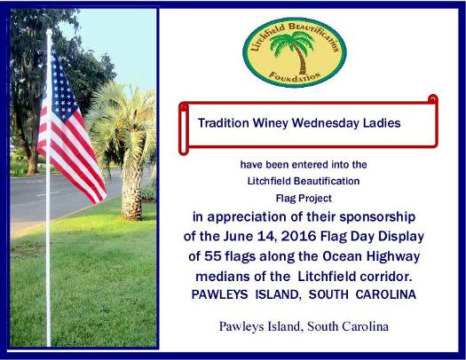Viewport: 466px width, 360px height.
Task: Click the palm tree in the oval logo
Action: pyautogui.click(x=293, y=51)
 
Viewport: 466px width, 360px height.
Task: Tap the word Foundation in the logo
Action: pyautogui.click(x=295, y=76)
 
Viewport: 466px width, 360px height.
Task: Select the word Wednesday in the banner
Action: pyautogui.click(x=326, y=123)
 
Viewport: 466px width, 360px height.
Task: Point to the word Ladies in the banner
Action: pyautogui.click(x=382, y=123)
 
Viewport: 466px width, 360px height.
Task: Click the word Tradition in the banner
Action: pyautogui.click(x=224, y=123)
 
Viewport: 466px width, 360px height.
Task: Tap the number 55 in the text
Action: pyautogui.click(x=213, y=256)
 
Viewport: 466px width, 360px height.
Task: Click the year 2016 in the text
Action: pyautogui.click(x=298, y=236)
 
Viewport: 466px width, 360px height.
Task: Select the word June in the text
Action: pyautogui.click(x=238, y=236)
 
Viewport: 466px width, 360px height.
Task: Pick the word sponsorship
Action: pyautogui.click(x=377, y=217)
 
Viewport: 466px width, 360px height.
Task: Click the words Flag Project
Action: pyautogui.click(x=304, y=199)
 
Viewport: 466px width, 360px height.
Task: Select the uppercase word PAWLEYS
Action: pyautogui.click(x=219, y=294)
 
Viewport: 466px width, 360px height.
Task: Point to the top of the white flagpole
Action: pyautogui.click(x=49, y=30)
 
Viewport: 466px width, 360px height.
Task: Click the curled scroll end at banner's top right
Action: pyautogui.click(x=433, y=98)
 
